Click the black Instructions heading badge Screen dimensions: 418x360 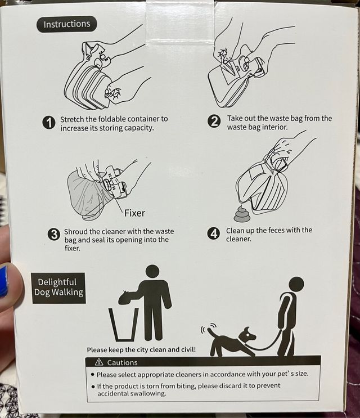pyautogui.click(x=66, y=24)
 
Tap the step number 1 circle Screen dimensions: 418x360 pyautogui.click(x=50, y=123)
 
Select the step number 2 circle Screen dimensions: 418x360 pyautogui.click(x=214, y=122)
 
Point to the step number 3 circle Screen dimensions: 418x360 pyautogui.click(x=53, y=235)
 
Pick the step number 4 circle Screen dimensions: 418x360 pyautogui.click(x=214, y=233)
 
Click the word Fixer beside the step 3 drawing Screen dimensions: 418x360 pyautogui.click(x=133, y=213)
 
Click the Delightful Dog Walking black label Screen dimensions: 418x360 pyautogui.click(x=58, y=287)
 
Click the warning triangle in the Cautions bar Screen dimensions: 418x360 pyautogui.click(x=99, y=362)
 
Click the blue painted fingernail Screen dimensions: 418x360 pyautogui.click(x=4, y=281)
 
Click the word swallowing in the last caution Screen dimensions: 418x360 pyautogui.click(x=149, y=394)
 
